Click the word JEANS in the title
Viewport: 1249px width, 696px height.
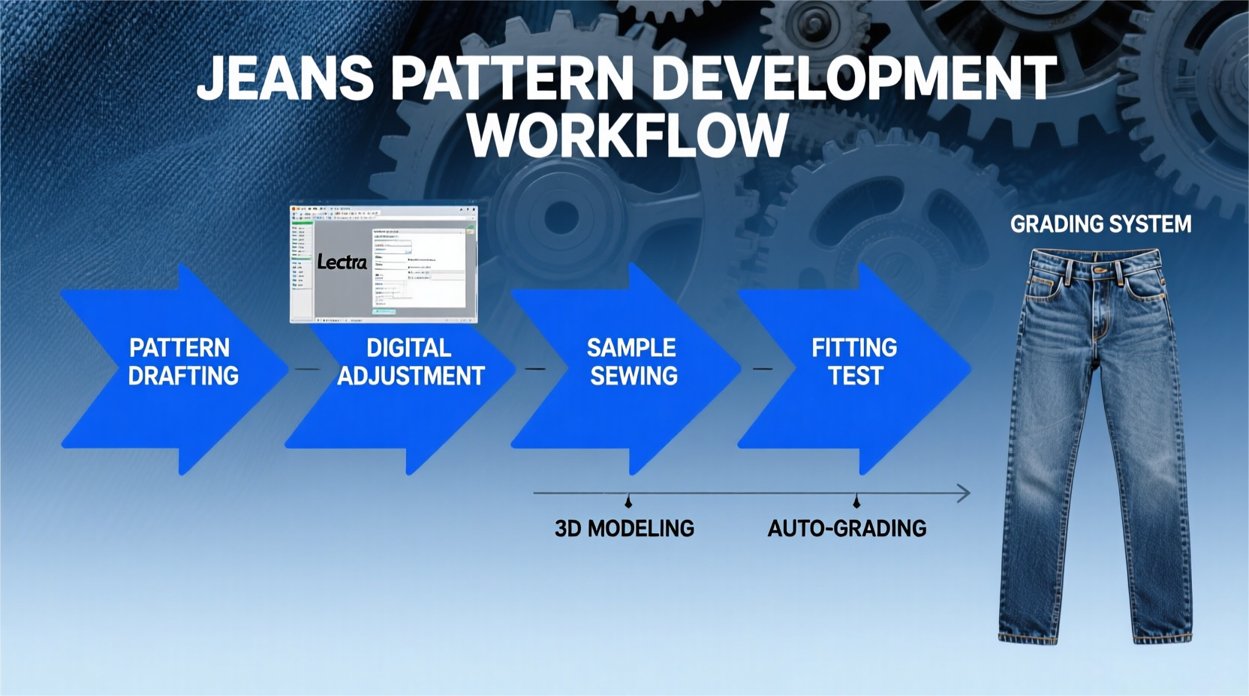click(285, 78)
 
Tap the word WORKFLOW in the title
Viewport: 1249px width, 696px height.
click(627, 135)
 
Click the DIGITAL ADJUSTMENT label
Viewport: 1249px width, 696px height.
click(410, 361)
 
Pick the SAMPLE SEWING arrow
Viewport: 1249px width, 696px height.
click(633, 361)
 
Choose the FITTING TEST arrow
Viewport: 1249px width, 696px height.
click(855, 361)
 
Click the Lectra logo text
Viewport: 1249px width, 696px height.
click(342, 262)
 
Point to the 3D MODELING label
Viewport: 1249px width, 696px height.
click(624, 529)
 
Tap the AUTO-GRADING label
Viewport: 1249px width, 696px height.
click(847, 529)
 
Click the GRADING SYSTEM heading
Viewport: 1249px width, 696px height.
click(1100, 224)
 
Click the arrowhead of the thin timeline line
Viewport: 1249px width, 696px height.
click(965, 493)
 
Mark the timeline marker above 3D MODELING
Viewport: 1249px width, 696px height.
click(628, 500)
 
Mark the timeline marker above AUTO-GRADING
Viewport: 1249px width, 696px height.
click(856, 500)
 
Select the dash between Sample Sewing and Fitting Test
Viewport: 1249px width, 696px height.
click(763, 369)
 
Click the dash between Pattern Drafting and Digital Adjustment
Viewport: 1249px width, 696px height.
click(306, 369)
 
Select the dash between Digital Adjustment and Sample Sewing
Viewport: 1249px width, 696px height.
click(534, 369)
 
